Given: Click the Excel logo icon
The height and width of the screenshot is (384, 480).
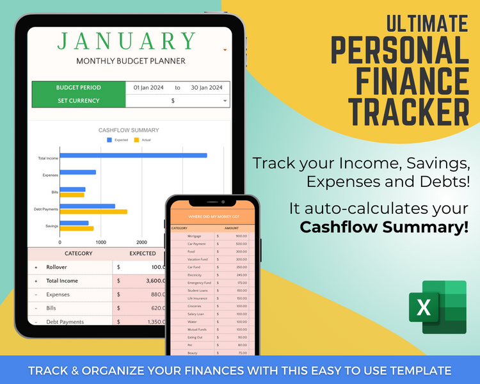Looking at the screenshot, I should [437, 307].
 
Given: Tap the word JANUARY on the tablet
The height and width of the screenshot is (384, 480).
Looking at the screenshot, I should [127, 41].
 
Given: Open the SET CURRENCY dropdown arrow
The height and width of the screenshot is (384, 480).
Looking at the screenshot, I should [225, 101].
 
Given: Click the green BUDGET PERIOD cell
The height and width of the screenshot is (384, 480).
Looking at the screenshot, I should [79, 88].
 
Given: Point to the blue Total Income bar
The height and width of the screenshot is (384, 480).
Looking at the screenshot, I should [133, 155].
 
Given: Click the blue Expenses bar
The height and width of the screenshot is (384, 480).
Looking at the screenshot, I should [78, 172].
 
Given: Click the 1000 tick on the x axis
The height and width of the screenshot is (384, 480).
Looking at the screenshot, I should [100, 243].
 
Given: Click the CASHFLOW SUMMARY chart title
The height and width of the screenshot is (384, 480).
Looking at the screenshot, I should [129, 130].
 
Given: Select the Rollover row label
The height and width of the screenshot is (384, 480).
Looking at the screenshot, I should [57, 267].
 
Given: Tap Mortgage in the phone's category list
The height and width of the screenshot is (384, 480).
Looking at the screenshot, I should [195, 236].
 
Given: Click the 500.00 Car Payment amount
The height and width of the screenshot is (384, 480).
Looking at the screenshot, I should [241, 244].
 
